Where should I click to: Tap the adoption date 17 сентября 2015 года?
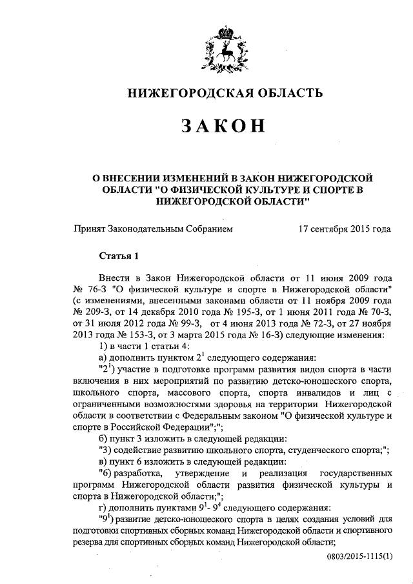tap(345, 229)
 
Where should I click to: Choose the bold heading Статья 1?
tap(119, 255)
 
